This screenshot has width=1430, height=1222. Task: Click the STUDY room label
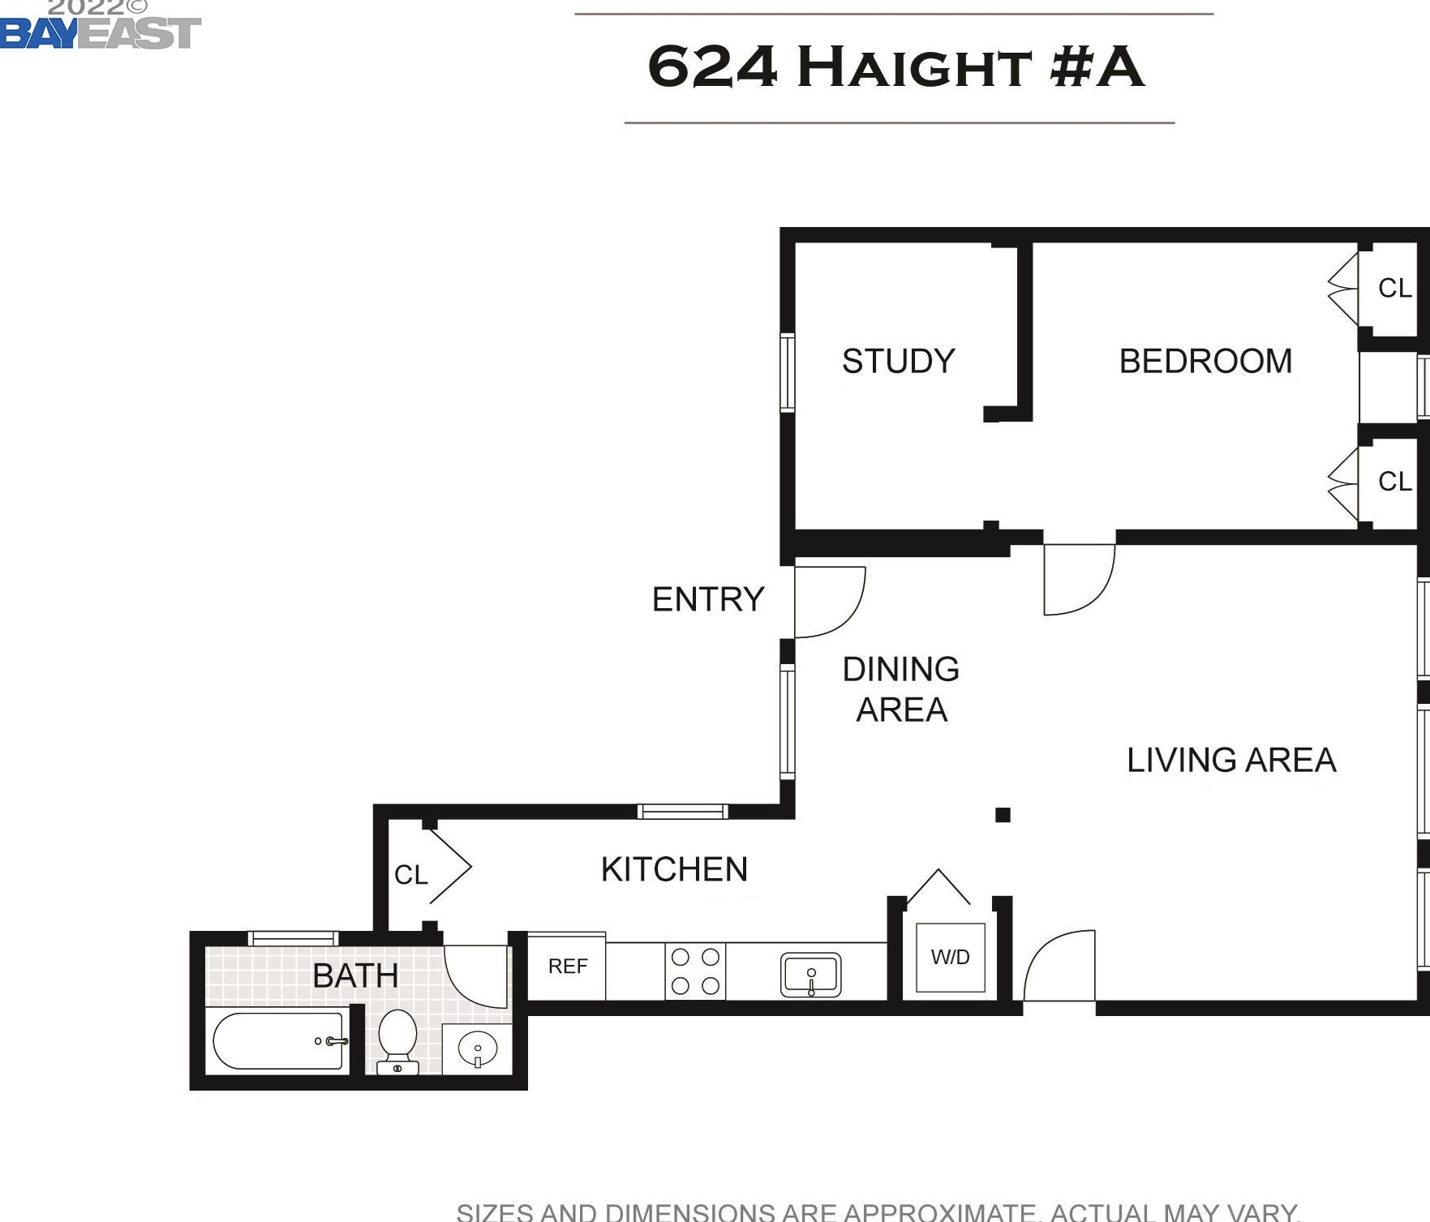coord(898,361)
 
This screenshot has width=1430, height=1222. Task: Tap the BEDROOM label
coord(1205,361)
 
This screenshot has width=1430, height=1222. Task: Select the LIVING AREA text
coord(1230,760)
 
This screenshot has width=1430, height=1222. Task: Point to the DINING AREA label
coord(901,689)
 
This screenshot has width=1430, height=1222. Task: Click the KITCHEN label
coord(674,869)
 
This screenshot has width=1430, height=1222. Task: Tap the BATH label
coord(355,975)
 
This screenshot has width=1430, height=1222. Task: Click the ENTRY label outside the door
coord(708,599)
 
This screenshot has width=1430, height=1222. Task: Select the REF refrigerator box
coord(567,966)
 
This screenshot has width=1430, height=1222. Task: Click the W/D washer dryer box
coord(950,957)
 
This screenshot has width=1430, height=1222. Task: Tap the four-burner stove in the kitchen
coord(695,971)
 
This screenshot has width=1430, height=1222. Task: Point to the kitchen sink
coord(810,974)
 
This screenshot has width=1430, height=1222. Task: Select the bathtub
coord(278,1041)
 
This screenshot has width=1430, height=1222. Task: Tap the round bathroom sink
coord(478,1049)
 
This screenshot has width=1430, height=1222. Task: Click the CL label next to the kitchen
coord(410,875)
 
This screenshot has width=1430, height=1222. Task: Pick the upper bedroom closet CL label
coord(1394,288)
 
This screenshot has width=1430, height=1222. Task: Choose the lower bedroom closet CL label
coord(1394,482)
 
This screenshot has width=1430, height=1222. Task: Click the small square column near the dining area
coord(1003,815)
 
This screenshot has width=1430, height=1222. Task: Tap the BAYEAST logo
coord(100,32)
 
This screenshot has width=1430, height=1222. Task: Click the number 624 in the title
coord(712,66)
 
